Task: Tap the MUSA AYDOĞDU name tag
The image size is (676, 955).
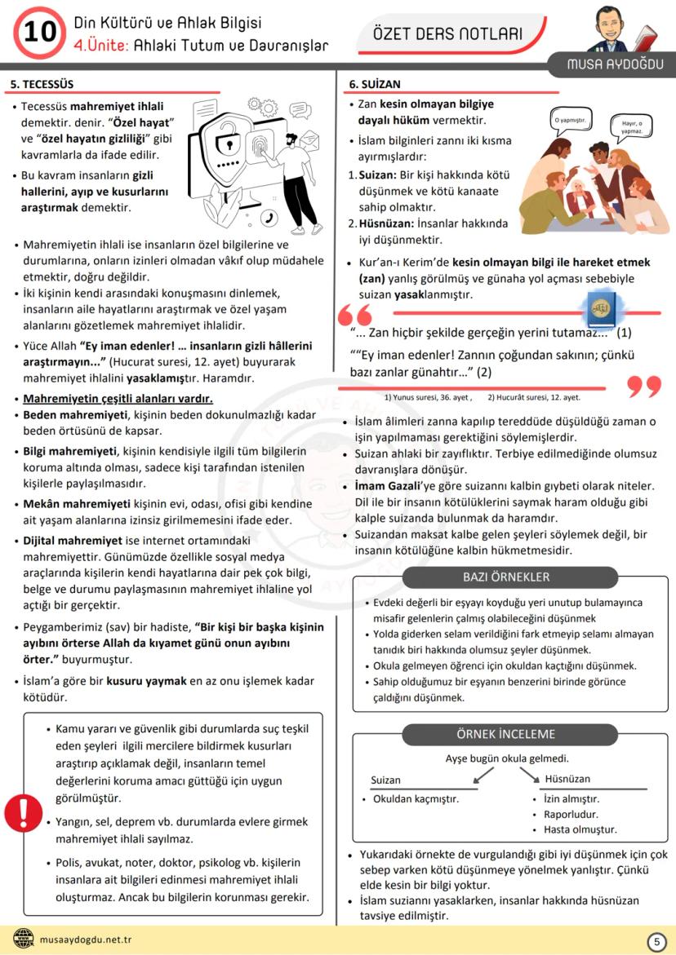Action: coord(617,64)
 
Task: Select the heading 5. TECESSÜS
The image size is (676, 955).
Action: coord(42,84)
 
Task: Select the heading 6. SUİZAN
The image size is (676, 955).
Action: coord(375,84)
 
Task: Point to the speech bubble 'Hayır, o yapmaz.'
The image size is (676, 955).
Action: coord(632,126)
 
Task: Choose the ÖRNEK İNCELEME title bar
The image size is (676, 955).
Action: coord(505,734)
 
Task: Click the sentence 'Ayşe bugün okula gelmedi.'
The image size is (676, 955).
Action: coord(507,758)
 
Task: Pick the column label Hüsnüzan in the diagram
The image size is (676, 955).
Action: coord(567,779)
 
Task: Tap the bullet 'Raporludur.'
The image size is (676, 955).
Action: coord(571,814)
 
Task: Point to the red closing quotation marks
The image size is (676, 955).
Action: coord(644,387)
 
